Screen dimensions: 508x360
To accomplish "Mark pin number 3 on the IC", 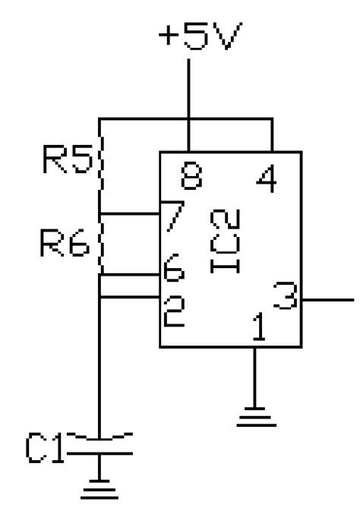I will pos(284,296).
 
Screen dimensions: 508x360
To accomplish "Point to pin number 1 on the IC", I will pos(259,328).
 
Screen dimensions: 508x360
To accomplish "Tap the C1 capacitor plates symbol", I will pos(101,446).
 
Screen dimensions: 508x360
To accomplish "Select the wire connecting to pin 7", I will pos(129,214).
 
